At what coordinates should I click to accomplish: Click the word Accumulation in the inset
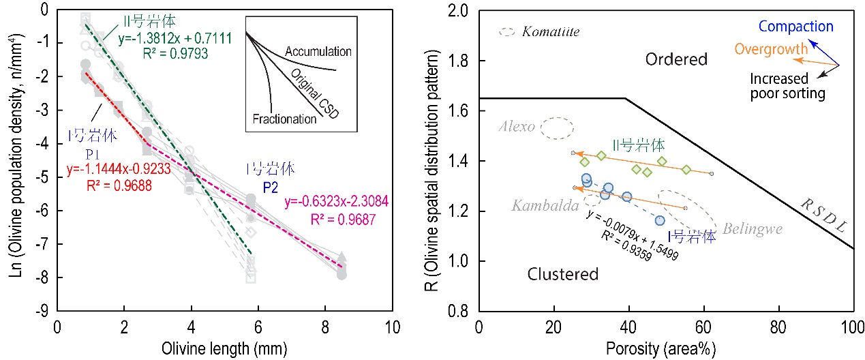[318, 51]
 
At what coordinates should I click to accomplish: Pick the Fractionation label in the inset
[284, 119]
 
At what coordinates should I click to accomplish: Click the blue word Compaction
[795, 27]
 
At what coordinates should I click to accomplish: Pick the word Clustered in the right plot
[563, 274]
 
